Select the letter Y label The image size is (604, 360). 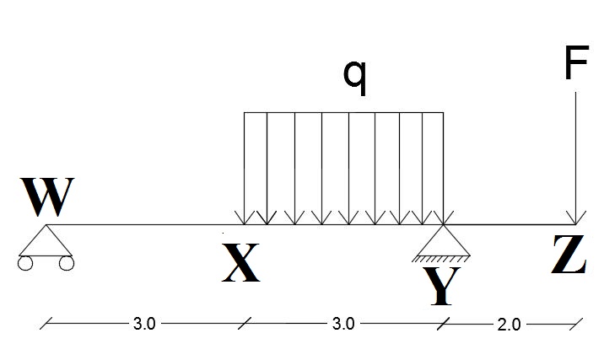click(x=442, y=286)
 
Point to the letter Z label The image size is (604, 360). click(x=568, y=255)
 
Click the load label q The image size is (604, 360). click(x=355, y=76)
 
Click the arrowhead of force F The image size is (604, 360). click(x=575, y=218)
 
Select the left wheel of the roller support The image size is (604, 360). click(x=25, y=263)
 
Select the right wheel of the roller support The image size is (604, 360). click(x=66, y=263)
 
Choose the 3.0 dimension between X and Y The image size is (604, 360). click(x=343, y=324)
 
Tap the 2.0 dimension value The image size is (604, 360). click(x=508, y=324)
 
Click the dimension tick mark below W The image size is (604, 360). click(x=47, y=323)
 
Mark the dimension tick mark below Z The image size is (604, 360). click(x=575, y=323)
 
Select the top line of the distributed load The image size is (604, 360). click(x=343, y=112)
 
